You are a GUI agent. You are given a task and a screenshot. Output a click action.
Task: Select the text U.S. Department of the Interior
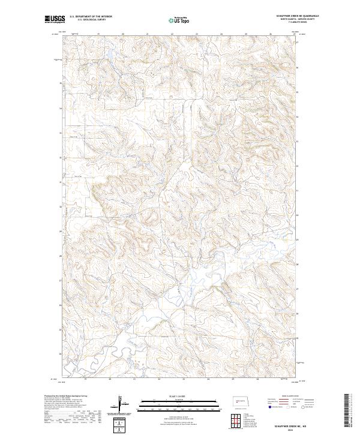pos(91,17)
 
